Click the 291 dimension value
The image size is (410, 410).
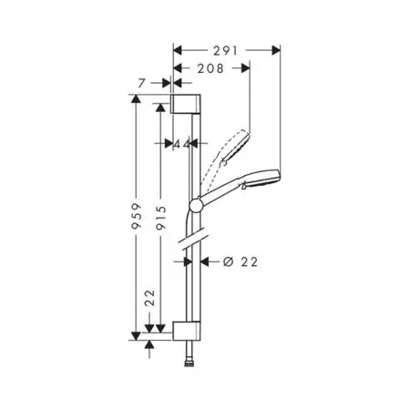coord(225,51)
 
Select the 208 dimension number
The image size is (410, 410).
coord(210,68)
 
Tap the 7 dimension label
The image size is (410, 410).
coord(142,83)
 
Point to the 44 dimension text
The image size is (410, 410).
coord(181,144)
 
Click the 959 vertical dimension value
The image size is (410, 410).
coord(137,216)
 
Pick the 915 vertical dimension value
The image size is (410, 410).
coord(161,218)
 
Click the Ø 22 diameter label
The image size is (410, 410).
coord(241,261)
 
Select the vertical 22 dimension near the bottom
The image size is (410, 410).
coord(149,298)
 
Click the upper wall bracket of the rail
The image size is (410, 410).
coord(185,104)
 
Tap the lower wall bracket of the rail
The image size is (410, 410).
coord(187,331)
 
